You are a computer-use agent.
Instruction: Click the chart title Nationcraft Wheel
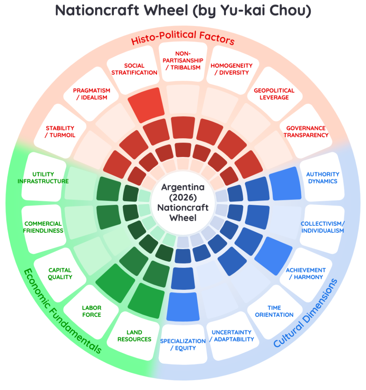[x=183, y=10]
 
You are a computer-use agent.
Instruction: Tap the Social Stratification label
[x=134, y=69]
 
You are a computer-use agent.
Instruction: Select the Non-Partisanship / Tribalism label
[x=183, y=61]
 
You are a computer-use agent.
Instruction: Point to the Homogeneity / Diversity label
[x=232, y=69]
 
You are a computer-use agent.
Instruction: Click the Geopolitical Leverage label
[x=274, y=94]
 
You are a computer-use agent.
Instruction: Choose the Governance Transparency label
[x=306, y=131]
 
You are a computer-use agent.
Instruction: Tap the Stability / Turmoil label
[x=60, y=131]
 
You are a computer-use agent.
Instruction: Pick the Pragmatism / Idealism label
[x=91, y=94]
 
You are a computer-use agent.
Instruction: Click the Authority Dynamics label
[x=323, y=177]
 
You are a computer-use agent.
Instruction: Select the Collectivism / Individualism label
[x=323, y=227]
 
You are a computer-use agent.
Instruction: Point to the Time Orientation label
[x=274, y=311]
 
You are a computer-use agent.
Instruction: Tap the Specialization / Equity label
[x=183, y=344]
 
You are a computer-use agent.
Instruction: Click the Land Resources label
[x=134, y=336]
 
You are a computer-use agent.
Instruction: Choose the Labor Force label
[x=91, y=311]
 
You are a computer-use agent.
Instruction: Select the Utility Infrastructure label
[x=43, y=177]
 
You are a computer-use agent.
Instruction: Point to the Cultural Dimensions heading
[x=305, y=313]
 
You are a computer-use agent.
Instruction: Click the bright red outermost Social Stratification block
[x=146, y=105]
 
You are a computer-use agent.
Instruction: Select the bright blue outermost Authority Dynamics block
[x=285, y=184]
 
